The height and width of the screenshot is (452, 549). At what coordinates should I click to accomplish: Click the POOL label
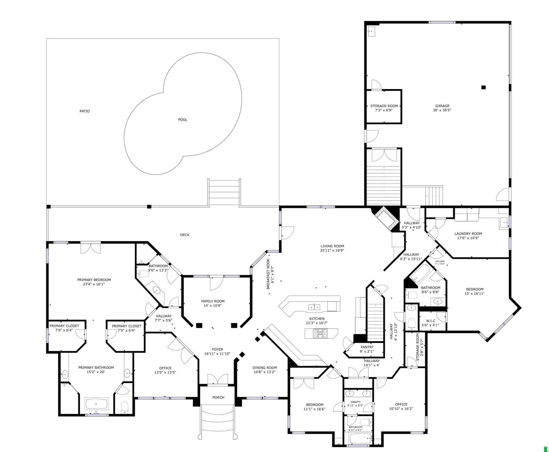[183, 120]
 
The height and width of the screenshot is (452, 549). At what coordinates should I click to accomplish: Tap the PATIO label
[84, 111]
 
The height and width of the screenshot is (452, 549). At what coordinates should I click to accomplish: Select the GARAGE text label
[442, 106]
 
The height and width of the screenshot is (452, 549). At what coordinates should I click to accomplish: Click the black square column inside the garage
[483, 87]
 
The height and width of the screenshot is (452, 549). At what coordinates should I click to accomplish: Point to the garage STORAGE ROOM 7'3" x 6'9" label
[384, 108]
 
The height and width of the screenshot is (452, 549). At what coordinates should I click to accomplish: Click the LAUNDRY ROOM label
[468, 234]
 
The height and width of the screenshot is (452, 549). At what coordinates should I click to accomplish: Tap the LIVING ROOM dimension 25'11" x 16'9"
[332, 250]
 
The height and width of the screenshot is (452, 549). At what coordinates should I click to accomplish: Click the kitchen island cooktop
[321, 333]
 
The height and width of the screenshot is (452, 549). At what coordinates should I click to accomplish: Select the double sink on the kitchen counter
[314, 307]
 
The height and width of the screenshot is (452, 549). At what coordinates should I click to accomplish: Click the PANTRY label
[367, 347]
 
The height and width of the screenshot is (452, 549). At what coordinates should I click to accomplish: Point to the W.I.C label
[431, 321]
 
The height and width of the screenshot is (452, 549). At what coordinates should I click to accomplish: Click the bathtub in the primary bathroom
[96, 403]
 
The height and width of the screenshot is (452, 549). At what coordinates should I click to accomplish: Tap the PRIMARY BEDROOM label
[94, 280]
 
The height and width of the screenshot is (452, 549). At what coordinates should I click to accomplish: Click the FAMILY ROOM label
[213, 301]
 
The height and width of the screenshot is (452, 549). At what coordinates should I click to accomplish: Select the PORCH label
[218, 397]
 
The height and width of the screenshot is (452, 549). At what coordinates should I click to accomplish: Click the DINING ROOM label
[264, 368]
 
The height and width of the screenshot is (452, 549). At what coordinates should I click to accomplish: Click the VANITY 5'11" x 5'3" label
[355, 402]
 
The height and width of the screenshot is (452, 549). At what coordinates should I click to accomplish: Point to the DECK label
[185, 235]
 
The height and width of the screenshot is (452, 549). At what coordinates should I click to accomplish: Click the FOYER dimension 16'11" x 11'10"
[217, 354]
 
